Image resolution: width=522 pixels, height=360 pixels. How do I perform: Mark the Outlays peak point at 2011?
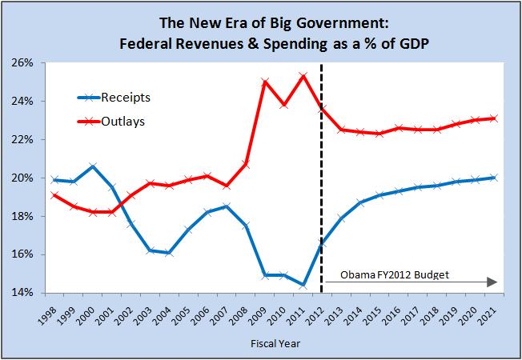303,76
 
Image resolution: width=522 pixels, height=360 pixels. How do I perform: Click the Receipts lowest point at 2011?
303,285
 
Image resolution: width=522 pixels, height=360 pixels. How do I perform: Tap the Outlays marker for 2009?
265,82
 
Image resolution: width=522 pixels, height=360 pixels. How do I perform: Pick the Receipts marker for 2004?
168,253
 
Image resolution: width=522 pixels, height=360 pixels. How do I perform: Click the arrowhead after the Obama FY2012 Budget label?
494,282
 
